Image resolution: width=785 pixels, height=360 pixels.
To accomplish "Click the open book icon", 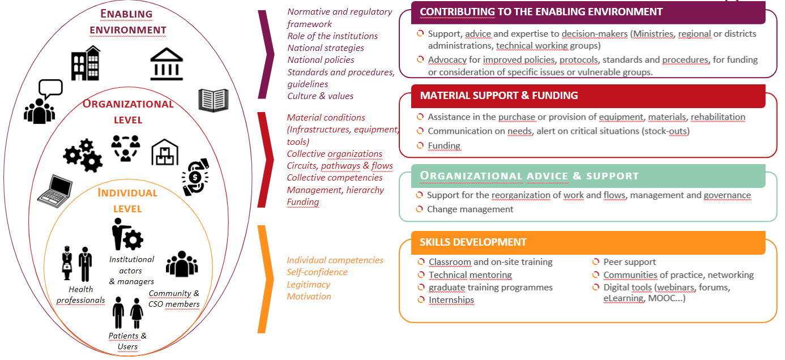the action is [214, 100].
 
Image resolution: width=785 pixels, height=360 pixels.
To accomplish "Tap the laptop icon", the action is [56, 191].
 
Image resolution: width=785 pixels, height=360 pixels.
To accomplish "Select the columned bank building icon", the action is [167, 65].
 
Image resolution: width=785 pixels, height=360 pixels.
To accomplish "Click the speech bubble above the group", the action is [51, 89].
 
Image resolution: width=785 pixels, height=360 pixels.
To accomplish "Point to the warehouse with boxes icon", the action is [165, 152].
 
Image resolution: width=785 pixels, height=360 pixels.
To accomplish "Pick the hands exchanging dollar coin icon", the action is [195, 177].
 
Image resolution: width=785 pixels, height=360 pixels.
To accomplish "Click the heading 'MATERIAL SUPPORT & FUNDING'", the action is [499, 96].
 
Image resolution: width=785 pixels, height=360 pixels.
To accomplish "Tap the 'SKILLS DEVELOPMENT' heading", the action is [473, 242].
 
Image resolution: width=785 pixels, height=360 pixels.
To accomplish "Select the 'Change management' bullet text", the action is [470, 209].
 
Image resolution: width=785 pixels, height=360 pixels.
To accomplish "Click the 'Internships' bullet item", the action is [451, 300].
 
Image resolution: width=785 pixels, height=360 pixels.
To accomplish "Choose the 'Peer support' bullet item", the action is [629, 262].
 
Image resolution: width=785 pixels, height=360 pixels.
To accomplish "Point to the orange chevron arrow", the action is [266, 279].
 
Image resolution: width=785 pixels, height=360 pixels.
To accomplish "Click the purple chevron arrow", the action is [266, 54].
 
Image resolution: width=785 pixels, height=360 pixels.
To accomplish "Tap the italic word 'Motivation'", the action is [309, 297].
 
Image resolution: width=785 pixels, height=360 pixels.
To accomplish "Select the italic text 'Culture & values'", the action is [321, 96].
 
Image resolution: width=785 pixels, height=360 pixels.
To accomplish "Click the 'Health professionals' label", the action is [80, 295].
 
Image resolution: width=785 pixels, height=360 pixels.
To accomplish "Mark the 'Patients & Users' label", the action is [127, 341].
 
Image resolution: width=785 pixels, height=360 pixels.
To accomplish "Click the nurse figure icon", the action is [67, 263].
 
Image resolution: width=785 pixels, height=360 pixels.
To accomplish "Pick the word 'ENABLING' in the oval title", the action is [126, 14].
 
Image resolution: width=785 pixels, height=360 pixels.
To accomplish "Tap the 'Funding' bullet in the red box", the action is [444, 145].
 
